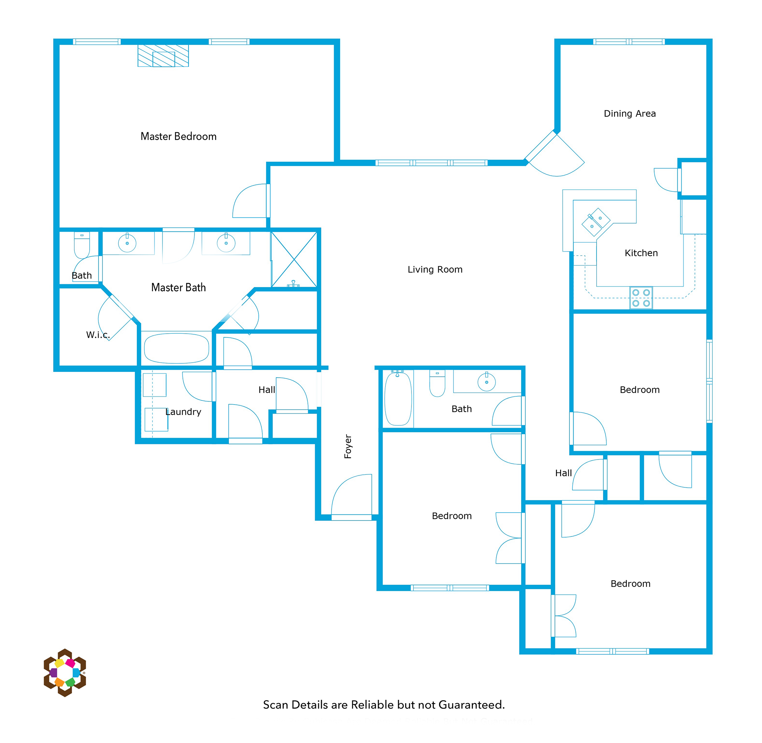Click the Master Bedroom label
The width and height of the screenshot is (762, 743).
[x=178, y=137]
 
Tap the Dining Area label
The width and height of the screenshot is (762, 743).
[x=630, y=114]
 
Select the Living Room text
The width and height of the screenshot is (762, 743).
[x=435, y=269]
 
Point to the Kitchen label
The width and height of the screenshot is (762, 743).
[x=641, y=253]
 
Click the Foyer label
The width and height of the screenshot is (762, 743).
[x=348, y=446]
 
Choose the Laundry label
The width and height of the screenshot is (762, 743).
[x=183, y=412]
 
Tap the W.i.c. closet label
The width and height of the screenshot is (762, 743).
[x=98, y=334]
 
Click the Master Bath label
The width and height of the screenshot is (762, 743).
[x=178, y=288]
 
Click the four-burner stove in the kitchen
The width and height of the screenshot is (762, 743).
[x=641, y=298]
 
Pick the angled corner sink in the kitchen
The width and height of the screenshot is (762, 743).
[x=596, y=222]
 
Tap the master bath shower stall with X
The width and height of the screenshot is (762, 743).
[x=294, y=260]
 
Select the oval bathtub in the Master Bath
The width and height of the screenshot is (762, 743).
[x=177, y=348]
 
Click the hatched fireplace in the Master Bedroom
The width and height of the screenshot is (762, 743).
[x=163, y=55]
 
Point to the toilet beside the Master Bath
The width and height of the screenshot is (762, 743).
[x=81, y=245]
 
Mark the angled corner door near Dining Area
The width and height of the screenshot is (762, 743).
[x=554, y=154]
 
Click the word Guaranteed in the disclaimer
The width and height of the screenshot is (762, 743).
[x=472, y=705]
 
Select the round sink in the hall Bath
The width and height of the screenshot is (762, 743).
[x=487, y=382]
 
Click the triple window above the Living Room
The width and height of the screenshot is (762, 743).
[x=431, y=163]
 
